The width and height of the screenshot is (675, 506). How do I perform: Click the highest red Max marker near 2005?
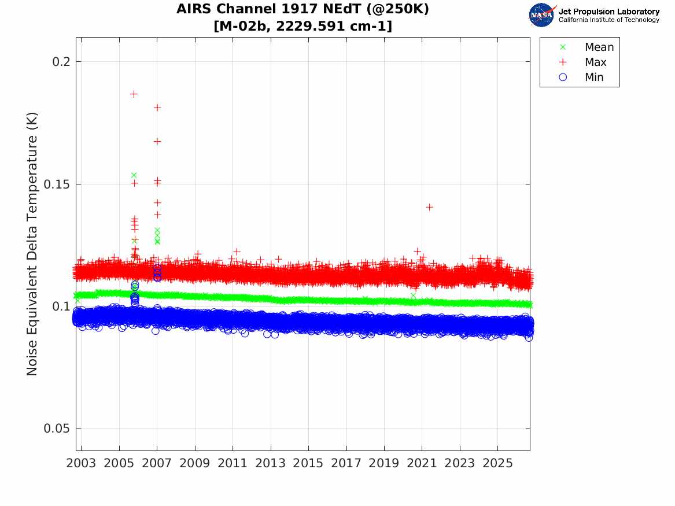(134, 94)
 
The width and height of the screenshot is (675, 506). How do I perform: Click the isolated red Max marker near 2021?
(429, 207)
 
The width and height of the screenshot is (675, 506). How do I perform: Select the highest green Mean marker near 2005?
(134, 175)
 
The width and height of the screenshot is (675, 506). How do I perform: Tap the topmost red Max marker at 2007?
(157, 108)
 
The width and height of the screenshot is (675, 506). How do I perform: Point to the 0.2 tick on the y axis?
(61, 61)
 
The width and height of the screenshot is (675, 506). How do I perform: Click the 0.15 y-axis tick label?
(56, 184)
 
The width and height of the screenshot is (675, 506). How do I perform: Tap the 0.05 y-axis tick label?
(56, 429)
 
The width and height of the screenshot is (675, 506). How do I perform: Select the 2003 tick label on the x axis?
(81, 463)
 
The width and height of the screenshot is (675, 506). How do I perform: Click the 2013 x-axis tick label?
(270, 463)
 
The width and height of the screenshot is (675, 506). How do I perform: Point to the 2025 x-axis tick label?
(497, 463)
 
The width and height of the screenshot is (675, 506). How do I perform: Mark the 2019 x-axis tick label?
(384, 463)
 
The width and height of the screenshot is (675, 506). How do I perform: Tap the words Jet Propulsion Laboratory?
(609, 11)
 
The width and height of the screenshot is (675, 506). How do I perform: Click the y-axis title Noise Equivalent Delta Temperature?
(32, 244)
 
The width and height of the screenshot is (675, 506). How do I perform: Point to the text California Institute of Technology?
(609, 20)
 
